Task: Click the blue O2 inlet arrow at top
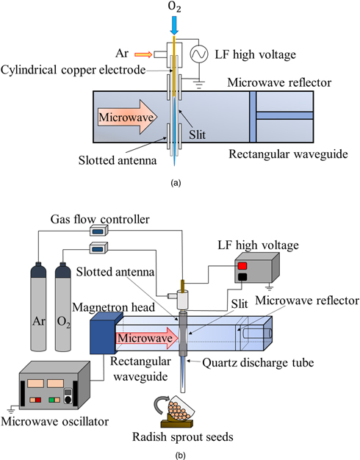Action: pyautogui.click(x=175, y=25)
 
